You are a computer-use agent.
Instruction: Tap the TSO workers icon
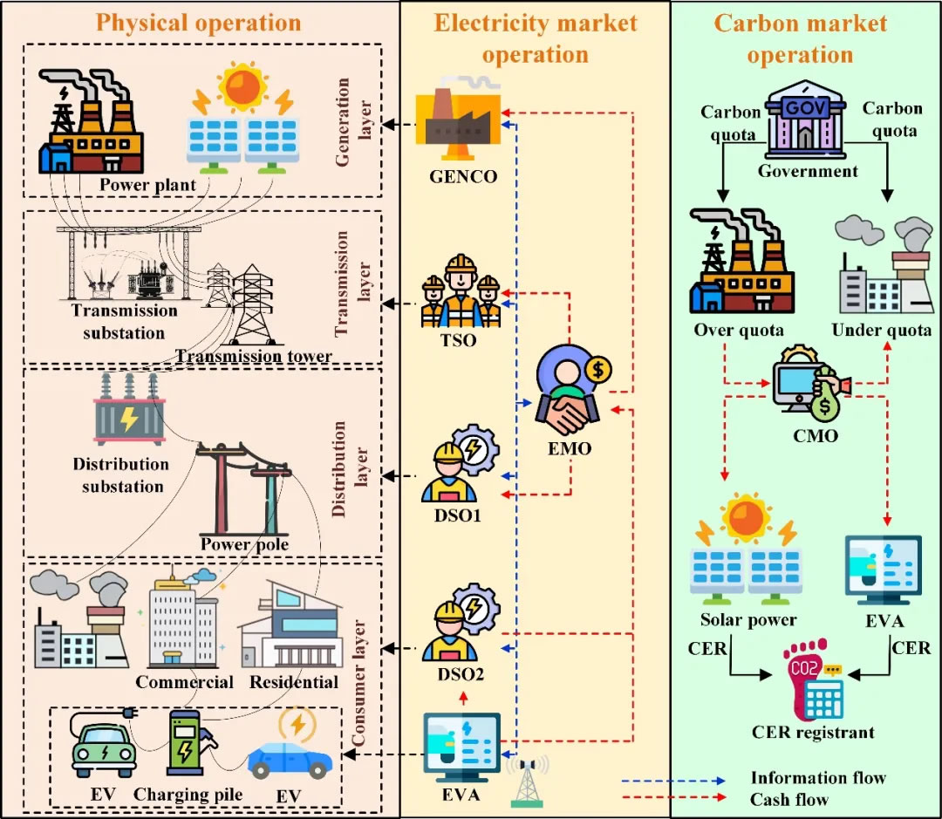point(461,291)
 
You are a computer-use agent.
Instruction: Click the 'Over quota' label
point(739,330)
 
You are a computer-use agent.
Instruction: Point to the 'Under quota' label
point(881,330)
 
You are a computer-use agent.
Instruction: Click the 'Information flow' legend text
point(817,777)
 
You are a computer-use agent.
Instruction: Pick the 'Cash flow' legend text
point(788,798)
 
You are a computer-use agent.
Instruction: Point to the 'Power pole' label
point(244,545)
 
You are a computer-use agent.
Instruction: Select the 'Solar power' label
point(748,619)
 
